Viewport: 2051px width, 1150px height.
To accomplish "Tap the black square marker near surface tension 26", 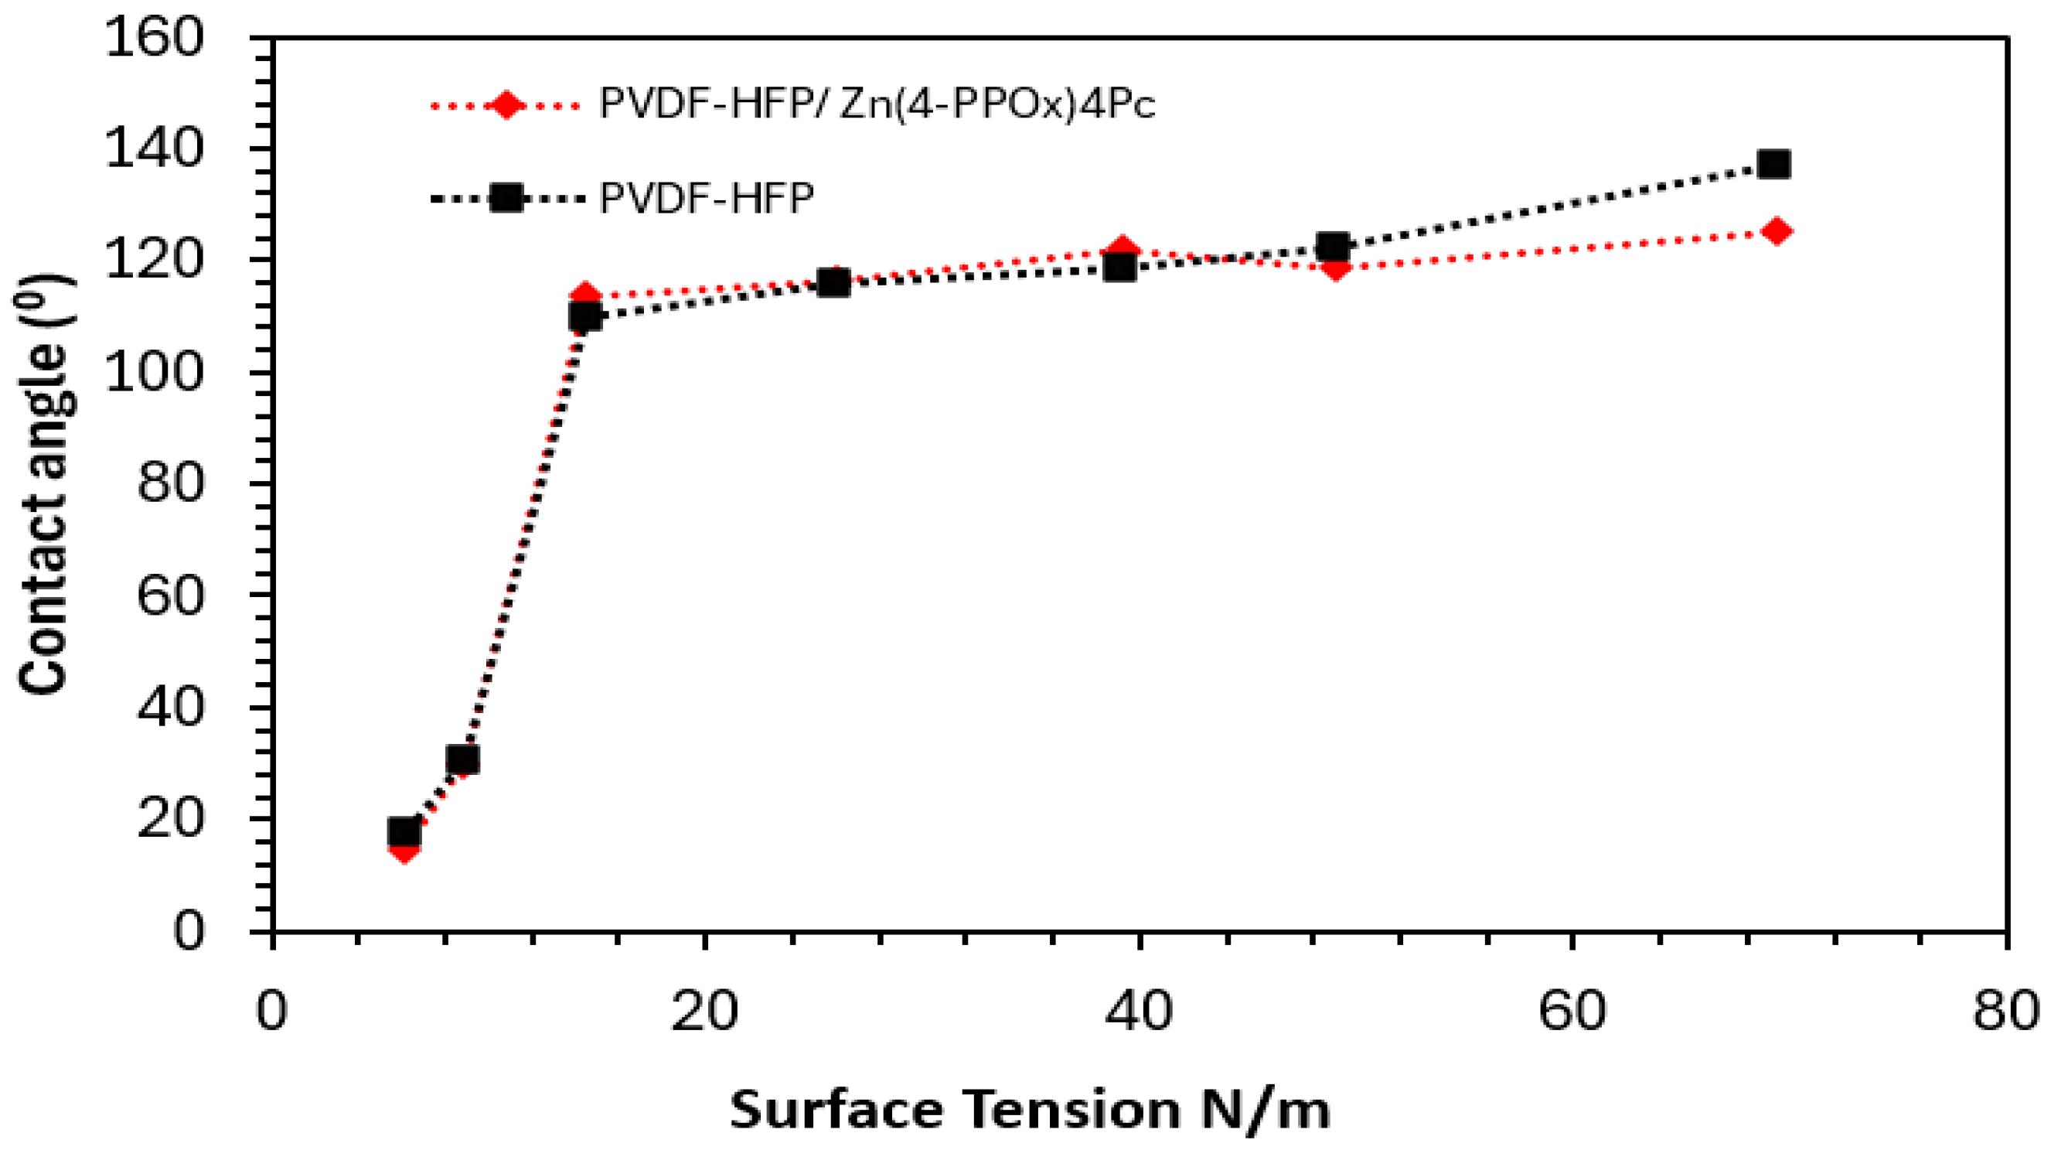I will tap(833, 283).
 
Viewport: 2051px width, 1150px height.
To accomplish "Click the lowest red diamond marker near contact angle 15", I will tap(404, 849).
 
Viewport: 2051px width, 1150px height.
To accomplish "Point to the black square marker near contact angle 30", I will tap(462, 760).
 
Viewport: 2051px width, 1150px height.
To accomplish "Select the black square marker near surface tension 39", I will tap(1120, 268).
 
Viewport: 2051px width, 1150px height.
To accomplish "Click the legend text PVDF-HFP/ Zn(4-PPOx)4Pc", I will tap(876, 104).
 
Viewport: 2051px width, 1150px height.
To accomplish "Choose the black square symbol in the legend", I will tap(506, 197).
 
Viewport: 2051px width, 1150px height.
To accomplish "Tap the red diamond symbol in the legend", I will tap(506, 105).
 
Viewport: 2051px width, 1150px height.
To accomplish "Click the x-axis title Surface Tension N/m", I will tap(1030, 1109).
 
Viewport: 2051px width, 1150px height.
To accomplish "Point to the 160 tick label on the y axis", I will tap(154, 38).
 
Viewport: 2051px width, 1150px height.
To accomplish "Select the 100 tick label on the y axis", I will tap(154, 373).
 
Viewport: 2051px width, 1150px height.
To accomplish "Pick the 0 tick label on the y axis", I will tap(188, 930).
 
